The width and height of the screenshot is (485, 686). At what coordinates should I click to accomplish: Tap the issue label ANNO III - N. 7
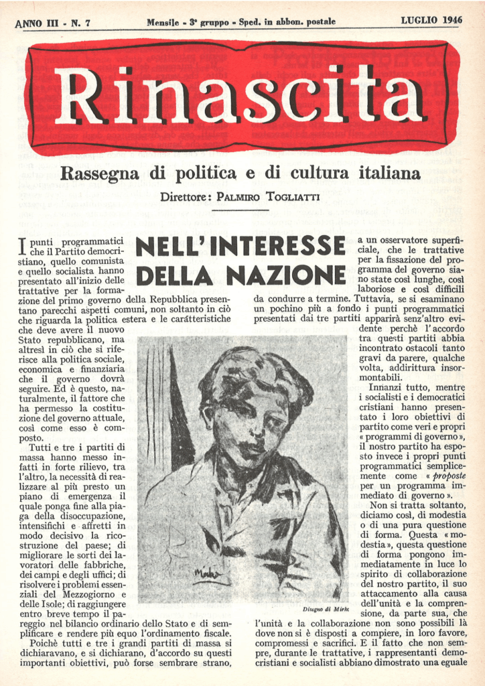(52, 23)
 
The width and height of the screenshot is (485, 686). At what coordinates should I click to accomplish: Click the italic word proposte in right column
(448, 476)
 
